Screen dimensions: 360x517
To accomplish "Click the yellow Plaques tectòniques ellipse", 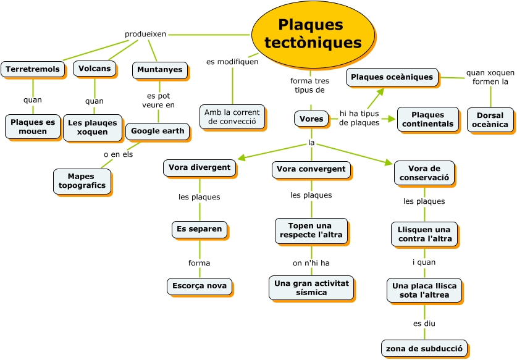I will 313,34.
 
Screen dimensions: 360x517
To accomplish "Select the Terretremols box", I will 33,69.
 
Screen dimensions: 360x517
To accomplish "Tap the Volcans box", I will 95,69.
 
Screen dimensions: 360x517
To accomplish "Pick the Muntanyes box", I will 159,70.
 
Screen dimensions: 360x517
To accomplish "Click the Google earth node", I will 158,131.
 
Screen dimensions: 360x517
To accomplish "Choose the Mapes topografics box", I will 82,181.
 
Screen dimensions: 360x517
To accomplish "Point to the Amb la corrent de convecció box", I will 232,117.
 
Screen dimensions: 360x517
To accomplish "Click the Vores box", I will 311,119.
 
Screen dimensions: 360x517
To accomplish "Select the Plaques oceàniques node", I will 392,77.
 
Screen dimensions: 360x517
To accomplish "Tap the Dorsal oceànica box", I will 490,120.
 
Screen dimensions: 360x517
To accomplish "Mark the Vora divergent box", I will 200,167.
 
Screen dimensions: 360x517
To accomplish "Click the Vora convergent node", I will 311,169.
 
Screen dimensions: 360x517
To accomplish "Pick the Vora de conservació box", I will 424,173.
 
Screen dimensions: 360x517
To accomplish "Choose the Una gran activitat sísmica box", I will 311,288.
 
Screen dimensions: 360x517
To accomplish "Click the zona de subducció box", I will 424,348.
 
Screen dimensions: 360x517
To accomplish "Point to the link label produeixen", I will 145,34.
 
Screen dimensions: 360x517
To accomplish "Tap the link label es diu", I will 424,323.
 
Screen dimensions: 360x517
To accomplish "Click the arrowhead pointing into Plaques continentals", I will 392,119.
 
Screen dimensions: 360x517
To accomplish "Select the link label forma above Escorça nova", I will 199,263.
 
